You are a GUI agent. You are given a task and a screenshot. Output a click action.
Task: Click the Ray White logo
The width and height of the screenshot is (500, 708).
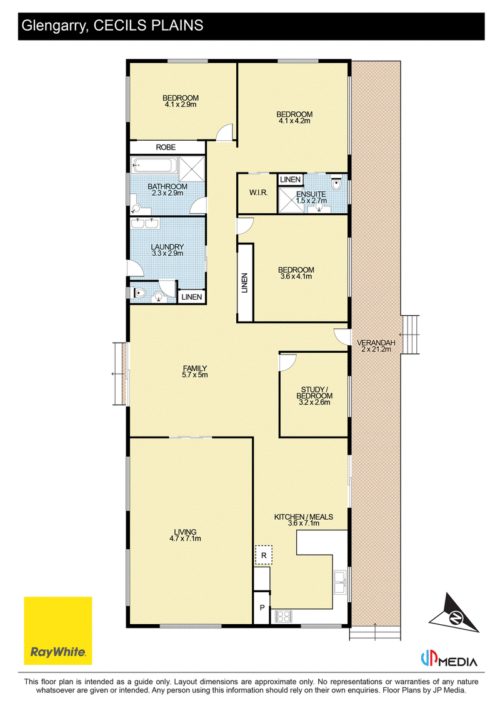57,630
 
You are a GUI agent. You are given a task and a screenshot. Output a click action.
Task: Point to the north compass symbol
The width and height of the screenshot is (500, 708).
454,613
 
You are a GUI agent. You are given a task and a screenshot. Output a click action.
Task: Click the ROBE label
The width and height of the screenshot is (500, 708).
166,147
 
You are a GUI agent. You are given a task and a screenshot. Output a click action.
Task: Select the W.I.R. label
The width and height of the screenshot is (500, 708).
259,193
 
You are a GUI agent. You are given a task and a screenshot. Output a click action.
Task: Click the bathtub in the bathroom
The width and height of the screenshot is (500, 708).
153,165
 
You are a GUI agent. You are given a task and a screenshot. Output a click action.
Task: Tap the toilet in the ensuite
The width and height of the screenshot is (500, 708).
336,185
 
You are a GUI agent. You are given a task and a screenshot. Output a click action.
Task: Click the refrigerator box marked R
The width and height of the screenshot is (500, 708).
264,555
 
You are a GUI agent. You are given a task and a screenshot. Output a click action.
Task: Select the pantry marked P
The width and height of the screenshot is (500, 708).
262,608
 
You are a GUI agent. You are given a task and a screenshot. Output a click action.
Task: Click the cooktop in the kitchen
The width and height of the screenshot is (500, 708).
284,616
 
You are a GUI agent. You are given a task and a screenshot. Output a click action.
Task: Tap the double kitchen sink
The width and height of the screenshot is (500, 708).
340,582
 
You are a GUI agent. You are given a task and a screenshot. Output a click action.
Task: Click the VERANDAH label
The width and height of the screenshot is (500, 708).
376,343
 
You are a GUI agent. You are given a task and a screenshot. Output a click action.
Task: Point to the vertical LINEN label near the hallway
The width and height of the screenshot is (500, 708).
244,283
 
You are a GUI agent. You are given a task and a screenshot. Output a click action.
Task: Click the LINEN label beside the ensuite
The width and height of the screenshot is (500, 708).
290,180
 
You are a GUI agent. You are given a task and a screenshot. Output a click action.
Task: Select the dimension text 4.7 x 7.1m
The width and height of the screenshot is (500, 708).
186,539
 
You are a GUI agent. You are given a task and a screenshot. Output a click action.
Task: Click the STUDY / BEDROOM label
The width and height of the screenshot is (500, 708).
314,392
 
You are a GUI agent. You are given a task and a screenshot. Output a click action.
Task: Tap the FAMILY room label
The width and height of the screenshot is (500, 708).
195,368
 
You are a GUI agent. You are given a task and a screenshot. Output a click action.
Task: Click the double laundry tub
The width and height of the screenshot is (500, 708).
145,223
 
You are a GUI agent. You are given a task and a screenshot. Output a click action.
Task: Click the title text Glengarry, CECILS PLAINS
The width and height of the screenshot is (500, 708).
112,26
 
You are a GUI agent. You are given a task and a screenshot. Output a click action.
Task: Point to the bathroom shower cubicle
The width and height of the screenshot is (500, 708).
192,169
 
